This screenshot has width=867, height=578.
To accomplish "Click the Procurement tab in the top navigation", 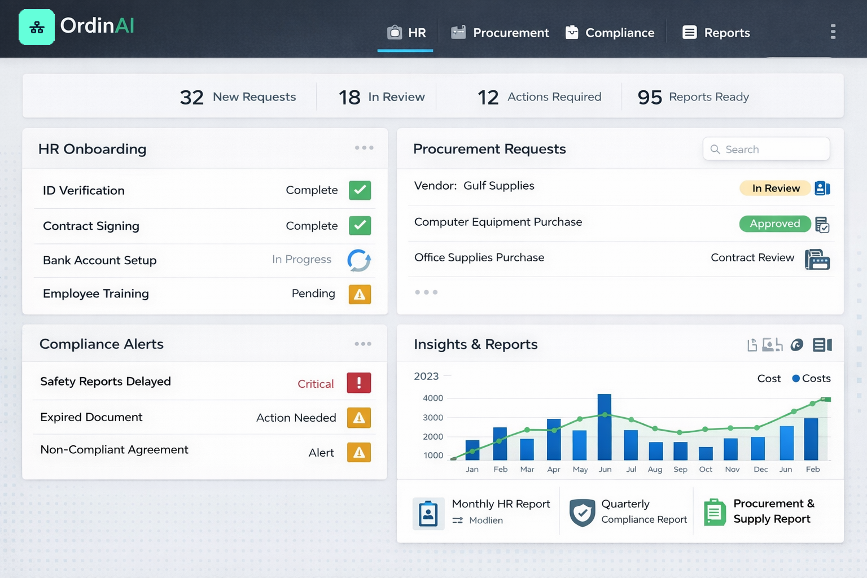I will coord(500,33).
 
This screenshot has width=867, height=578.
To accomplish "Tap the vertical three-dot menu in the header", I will coord(833,32).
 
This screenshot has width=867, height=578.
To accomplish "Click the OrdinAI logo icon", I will coord(37,27).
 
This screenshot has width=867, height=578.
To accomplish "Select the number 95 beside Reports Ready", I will coord(649,98).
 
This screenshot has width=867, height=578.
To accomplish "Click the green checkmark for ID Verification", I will coord(360,190).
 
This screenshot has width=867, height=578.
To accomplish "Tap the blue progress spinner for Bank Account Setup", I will coord(359,260).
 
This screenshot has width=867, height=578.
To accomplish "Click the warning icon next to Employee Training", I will coord(360,294).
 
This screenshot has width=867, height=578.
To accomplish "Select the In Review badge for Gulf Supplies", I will coord(775,188).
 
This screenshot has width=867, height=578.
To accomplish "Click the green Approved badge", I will coord(774,224).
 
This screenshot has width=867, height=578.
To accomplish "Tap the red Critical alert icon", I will coord(359,383).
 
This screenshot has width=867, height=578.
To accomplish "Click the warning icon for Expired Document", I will coord(359,418).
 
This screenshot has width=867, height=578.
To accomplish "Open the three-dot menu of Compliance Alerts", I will coord(363,344).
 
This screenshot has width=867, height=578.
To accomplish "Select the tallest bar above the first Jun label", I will coord(605,427).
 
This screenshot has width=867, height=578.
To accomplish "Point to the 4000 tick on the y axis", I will coord(433,398).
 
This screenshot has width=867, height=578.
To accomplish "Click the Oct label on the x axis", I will coord(706,469).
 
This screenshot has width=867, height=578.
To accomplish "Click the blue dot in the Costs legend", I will coord(796,378).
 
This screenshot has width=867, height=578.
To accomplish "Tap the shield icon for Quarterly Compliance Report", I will coord(582,513).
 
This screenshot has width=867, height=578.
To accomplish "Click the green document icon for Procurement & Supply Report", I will coord(715,513).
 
